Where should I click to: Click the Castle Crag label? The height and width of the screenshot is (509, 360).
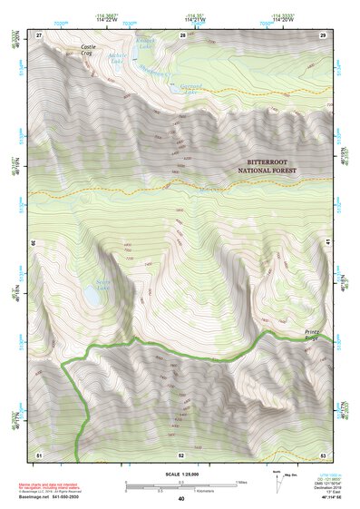pos(87,50)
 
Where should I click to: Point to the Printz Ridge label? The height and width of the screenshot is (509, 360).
pos(316,334)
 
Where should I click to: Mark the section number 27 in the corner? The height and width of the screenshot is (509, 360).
pos(39,34)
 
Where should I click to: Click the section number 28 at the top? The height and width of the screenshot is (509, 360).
pos(182,34)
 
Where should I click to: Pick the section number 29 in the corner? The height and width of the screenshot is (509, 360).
pos(323,34)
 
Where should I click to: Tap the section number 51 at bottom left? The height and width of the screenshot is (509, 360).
pos(39,453)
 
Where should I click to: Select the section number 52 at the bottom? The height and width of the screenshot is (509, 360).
pos(181,453)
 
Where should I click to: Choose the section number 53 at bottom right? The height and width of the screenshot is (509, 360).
pos(324,453)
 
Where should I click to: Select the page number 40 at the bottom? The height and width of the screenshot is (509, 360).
pos(181,499)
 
